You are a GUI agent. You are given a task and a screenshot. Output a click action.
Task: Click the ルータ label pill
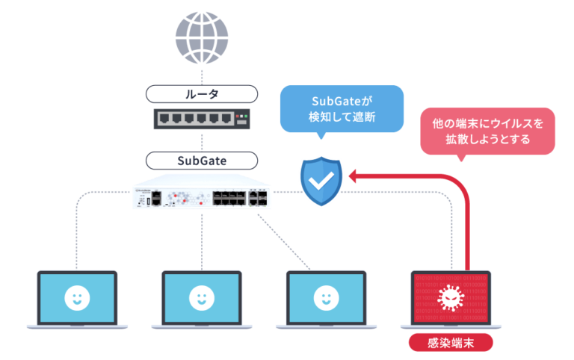click(202, 94)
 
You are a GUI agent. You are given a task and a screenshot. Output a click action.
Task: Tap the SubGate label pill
click(202, 161)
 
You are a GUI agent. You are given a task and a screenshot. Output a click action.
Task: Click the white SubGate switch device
click(202, 195)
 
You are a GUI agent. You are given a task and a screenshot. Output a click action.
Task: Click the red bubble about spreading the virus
click(487, 129)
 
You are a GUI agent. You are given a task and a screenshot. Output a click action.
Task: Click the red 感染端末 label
click(451, 343)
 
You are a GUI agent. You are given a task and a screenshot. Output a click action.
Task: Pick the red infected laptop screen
click(451, 298)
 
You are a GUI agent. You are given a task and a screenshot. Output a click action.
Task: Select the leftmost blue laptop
click(77, 298)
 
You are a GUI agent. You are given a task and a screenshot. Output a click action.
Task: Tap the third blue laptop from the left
click(326, 298)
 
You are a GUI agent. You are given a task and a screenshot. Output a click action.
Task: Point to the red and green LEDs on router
click(241, 118)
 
